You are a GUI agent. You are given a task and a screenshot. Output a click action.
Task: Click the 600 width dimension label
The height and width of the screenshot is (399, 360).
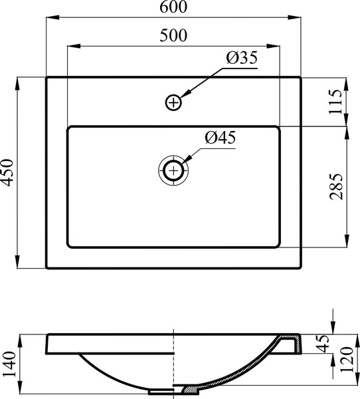[173, 7]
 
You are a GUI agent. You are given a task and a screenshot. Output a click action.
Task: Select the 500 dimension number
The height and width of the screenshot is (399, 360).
[173, 35]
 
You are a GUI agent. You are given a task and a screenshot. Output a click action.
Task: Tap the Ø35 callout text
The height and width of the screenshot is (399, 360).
[242, 58]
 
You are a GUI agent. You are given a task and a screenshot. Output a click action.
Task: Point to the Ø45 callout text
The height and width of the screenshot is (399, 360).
[220, 138]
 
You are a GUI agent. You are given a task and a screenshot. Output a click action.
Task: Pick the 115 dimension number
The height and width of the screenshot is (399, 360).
[335, 102]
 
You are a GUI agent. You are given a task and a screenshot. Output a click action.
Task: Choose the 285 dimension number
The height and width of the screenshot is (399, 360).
[336, 186]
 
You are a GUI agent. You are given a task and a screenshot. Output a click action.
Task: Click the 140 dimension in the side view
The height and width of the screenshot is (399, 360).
[9, 364]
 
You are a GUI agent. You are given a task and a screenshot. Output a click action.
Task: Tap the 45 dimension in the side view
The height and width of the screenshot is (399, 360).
[323, 344]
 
